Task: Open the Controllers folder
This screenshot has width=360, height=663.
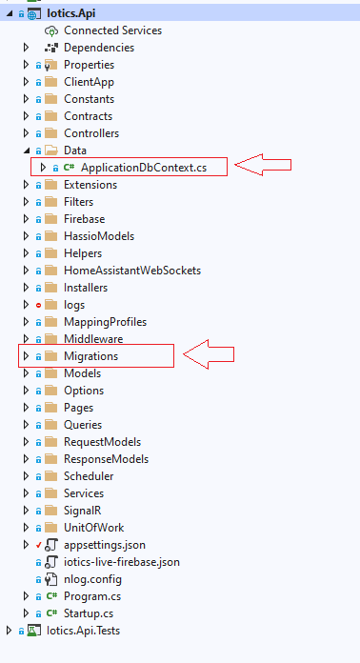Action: click(x=90, y=133)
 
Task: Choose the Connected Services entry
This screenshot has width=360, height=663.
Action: click(x=111, y=30)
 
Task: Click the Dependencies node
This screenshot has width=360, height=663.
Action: click(x=98, y=48)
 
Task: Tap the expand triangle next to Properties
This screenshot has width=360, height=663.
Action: click(x=26, y=65)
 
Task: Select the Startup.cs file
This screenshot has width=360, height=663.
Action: click(x=90, y=613)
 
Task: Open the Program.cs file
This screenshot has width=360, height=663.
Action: click(x=93, y=596)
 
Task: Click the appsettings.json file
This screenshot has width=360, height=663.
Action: click(x=106, y=545)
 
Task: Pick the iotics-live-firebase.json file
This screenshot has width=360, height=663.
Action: click(x=121, y=562)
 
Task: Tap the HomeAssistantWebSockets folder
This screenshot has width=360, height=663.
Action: click(x=131, y=271)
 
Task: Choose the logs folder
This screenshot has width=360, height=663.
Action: click(x=73, y=305)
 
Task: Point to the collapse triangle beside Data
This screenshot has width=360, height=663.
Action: click(x=26, y=151)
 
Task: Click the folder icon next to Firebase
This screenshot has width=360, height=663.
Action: click(x=51, y=219)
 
